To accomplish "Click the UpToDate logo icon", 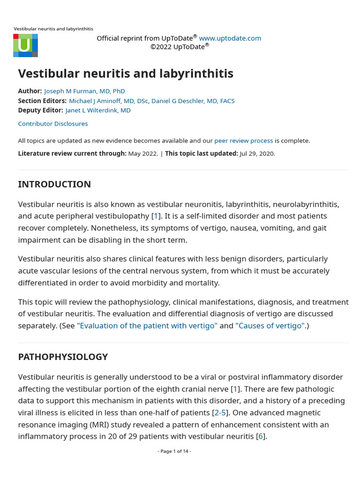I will (25, 45).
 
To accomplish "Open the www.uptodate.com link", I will (230, 38).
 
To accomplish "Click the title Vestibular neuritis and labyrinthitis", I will (126, 74).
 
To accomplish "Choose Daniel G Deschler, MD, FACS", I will (193, 101).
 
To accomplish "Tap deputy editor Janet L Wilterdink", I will (98, 110).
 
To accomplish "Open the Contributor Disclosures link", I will (53, 124).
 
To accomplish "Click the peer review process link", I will (243, 141).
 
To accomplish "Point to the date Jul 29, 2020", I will (257, 153).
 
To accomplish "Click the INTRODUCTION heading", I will (54, 184).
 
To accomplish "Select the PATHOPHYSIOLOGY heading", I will (63, 357).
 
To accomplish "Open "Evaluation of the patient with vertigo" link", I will (147, 326).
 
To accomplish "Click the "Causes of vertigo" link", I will (270, 326).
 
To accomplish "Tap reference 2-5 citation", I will (220, 412).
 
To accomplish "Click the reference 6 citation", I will (261, 436).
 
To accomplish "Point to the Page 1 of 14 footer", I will (174, 451).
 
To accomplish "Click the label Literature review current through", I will (72, 153).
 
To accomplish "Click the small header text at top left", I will (53, 29).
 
